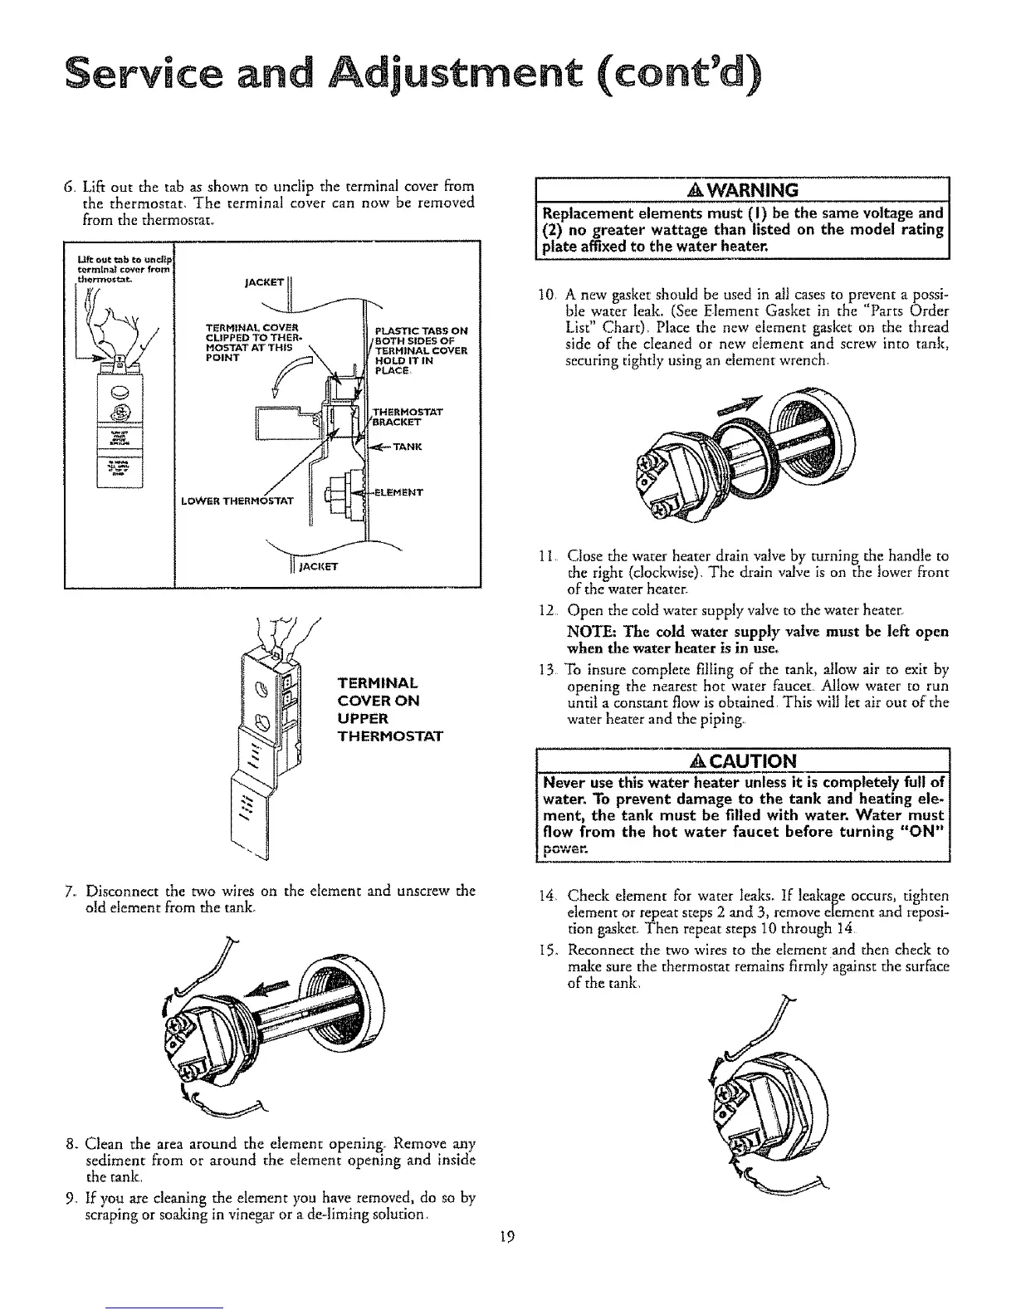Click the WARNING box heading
click(x=743, y=190)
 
